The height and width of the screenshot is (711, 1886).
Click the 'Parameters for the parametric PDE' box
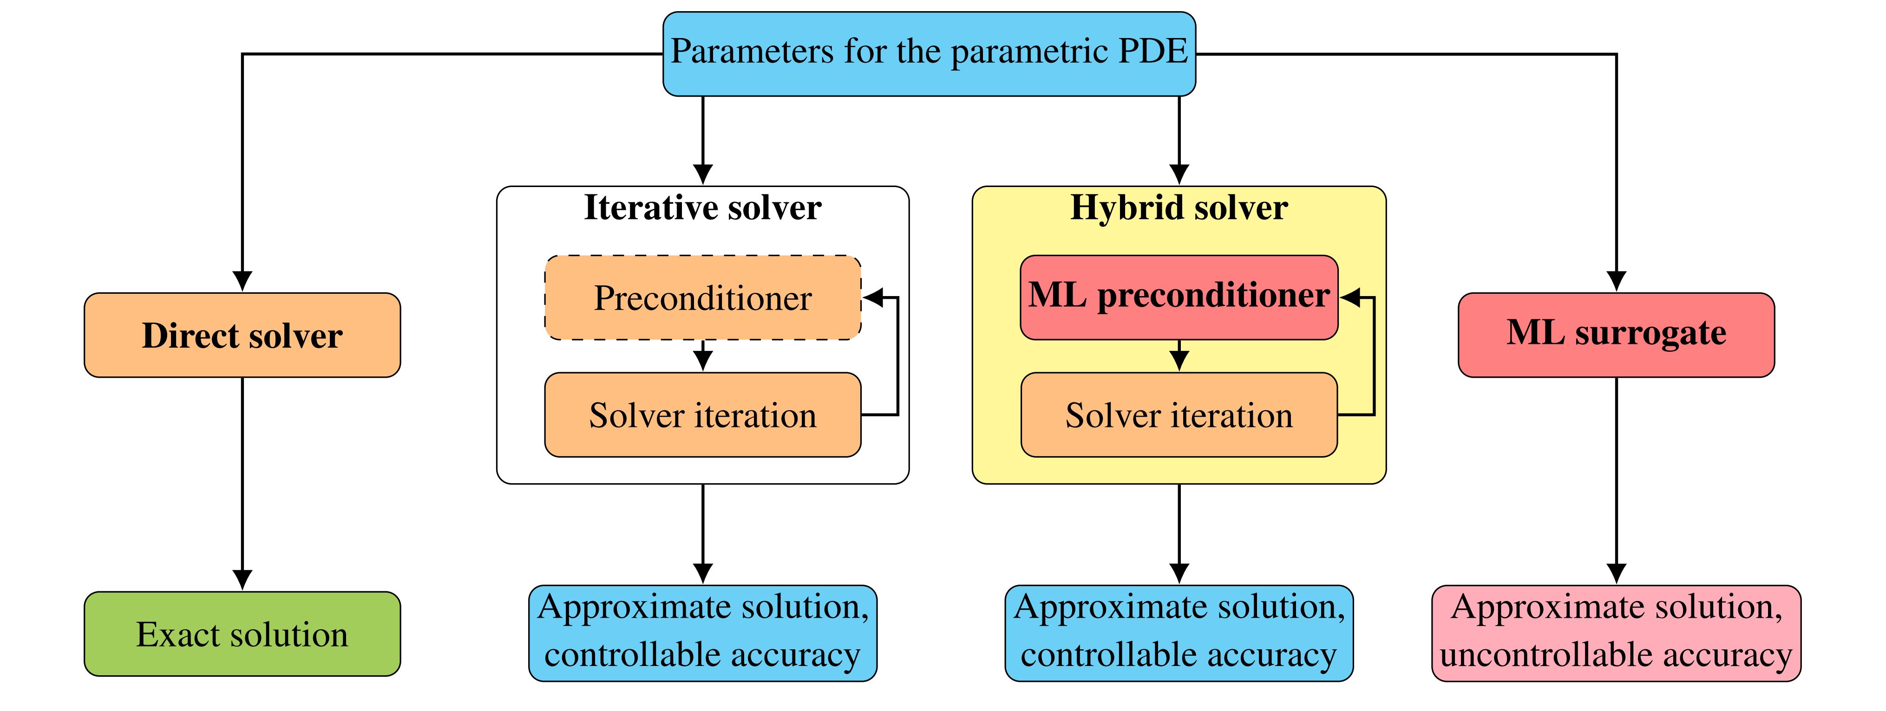929,53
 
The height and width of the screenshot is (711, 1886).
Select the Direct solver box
242,335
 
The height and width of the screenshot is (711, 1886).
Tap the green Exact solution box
242,633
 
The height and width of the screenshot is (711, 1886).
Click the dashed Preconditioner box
703,297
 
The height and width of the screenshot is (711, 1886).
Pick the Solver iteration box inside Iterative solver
703,415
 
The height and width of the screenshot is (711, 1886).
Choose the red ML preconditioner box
1179,297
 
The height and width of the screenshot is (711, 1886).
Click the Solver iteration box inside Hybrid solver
1179,415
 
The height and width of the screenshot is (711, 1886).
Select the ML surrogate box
1617,335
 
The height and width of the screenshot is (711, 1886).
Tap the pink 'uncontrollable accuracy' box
1617,633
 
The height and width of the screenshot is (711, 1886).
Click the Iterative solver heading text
703,208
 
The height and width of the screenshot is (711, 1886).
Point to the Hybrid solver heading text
1179,208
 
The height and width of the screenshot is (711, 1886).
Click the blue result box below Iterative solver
703,633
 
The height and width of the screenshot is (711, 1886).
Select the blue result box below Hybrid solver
1179,633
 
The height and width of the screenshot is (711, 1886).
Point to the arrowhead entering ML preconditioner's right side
1350,297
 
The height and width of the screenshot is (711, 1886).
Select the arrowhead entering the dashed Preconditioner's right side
873,297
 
